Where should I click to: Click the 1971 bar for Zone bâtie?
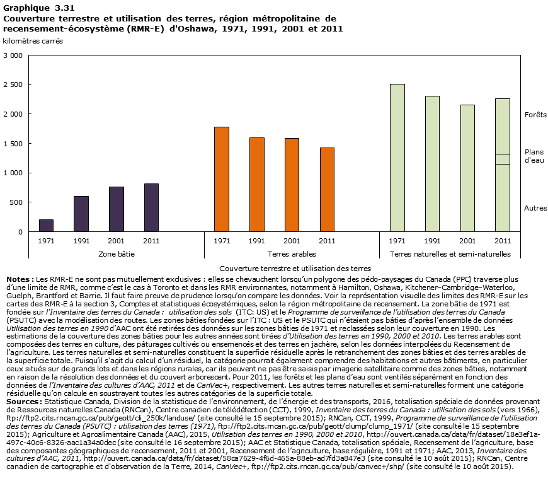46,226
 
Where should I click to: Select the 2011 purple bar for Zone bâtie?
151,207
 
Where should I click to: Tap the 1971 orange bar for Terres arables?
222,179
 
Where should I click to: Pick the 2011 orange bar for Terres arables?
327,189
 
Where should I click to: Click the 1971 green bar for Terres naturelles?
397,158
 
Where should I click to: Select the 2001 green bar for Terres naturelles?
467,168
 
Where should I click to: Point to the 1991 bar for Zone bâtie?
81,214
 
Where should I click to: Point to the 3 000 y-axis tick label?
15,55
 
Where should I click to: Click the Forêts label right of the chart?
535,115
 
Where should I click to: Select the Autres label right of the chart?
535,208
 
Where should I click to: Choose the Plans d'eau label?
534,156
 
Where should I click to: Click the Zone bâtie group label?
117,254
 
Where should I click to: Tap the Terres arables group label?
292,254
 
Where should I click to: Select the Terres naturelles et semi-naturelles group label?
450,254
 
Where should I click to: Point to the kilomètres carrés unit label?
33,42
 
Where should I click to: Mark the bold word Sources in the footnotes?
23,401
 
